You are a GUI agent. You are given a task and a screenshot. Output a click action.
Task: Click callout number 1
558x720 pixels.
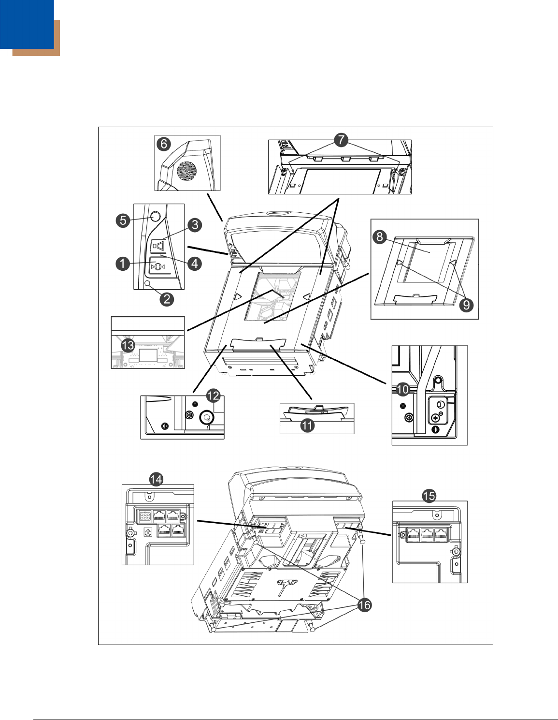(x=123, y=264)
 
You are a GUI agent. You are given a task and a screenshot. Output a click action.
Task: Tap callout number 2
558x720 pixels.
(x=166, y=298)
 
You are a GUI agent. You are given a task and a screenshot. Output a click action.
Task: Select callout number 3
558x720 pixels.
(x=194, y=224)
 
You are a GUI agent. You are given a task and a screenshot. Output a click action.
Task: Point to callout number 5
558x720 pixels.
(x=123, y=220)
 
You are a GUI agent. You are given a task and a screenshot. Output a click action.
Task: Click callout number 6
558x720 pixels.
(x=164, y=144)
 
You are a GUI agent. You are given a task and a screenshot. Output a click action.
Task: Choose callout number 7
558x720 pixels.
(x=341, y=140)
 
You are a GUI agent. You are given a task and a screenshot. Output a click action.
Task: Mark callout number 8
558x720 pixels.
(x=380, y=236)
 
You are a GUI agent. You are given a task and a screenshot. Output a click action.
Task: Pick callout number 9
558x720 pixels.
(x=466, y=305)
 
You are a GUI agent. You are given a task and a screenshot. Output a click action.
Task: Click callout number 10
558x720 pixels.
(x=402, y=389)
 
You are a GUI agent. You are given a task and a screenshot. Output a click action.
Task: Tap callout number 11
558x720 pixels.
(x=307, y=426)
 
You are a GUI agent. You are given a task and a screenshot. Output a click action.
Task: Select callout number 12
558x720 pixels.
(x=213, y=396)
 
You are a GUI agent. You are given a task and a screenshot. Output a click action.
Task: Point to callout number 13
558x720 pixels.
(x=128, y=345)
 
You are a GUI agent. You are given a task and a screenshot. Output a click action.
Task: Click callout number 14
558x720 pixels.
(x=156, y=479)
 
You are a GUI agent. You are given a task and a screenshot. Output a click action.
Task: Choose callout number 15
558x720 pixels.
(x=429, y=496)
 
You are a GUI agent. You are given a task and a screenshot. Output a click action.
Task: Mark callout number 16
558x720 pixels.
(x=364, y=604)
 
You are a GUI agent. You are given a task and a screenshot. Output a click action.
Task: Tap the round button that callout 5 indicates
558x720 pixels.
(x=155, y=217)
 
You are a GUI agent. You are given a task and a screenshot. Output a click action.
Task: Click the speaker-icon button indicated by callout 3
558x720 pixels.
(x=158, y=247)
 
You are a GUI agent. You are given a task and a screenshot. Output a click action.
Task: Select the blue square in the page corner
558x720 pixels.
(x=27, y=24)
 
